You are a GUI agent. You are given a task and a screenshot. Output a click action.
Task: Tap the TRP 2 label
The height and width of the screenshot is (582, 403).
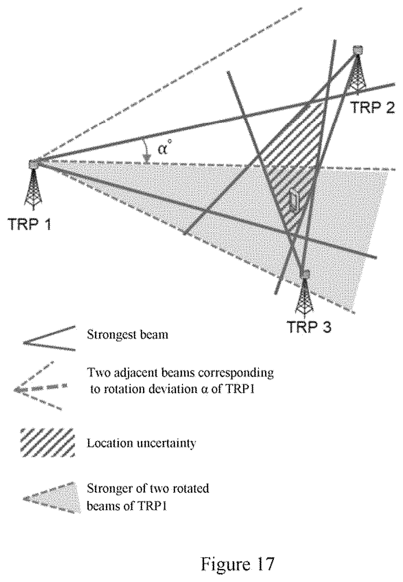click(373, 107)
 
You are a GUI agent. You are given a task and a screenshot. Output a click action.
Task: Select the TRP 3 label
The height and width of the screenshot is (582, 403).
click(309, 326)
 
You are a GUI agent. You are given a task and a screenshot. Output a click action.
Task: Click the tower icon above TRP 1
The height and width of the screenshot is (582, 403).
click(34, 185)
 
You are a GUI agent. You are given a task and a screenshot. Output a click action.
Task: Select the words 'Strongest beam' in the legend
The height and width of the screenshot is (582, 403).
click(127, 334)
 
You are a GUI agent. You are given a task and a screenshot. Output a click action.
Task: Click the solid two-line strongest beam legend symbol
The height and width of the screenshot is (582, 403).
click(49, 338)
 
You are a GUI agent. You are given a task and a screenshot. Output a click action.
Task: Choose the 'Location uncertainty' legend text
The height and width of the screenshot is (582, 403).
click(141, 443)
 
